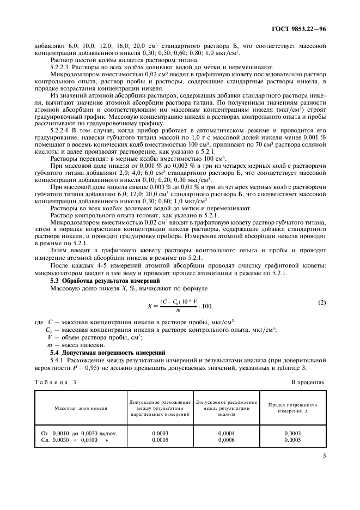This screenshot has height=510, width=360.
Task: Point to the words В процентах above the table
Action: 309,382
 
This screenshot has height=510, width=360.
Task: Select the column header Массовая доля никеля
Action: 81,407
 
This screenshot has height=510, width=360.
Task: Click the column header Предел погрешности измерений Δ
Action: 293,408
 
